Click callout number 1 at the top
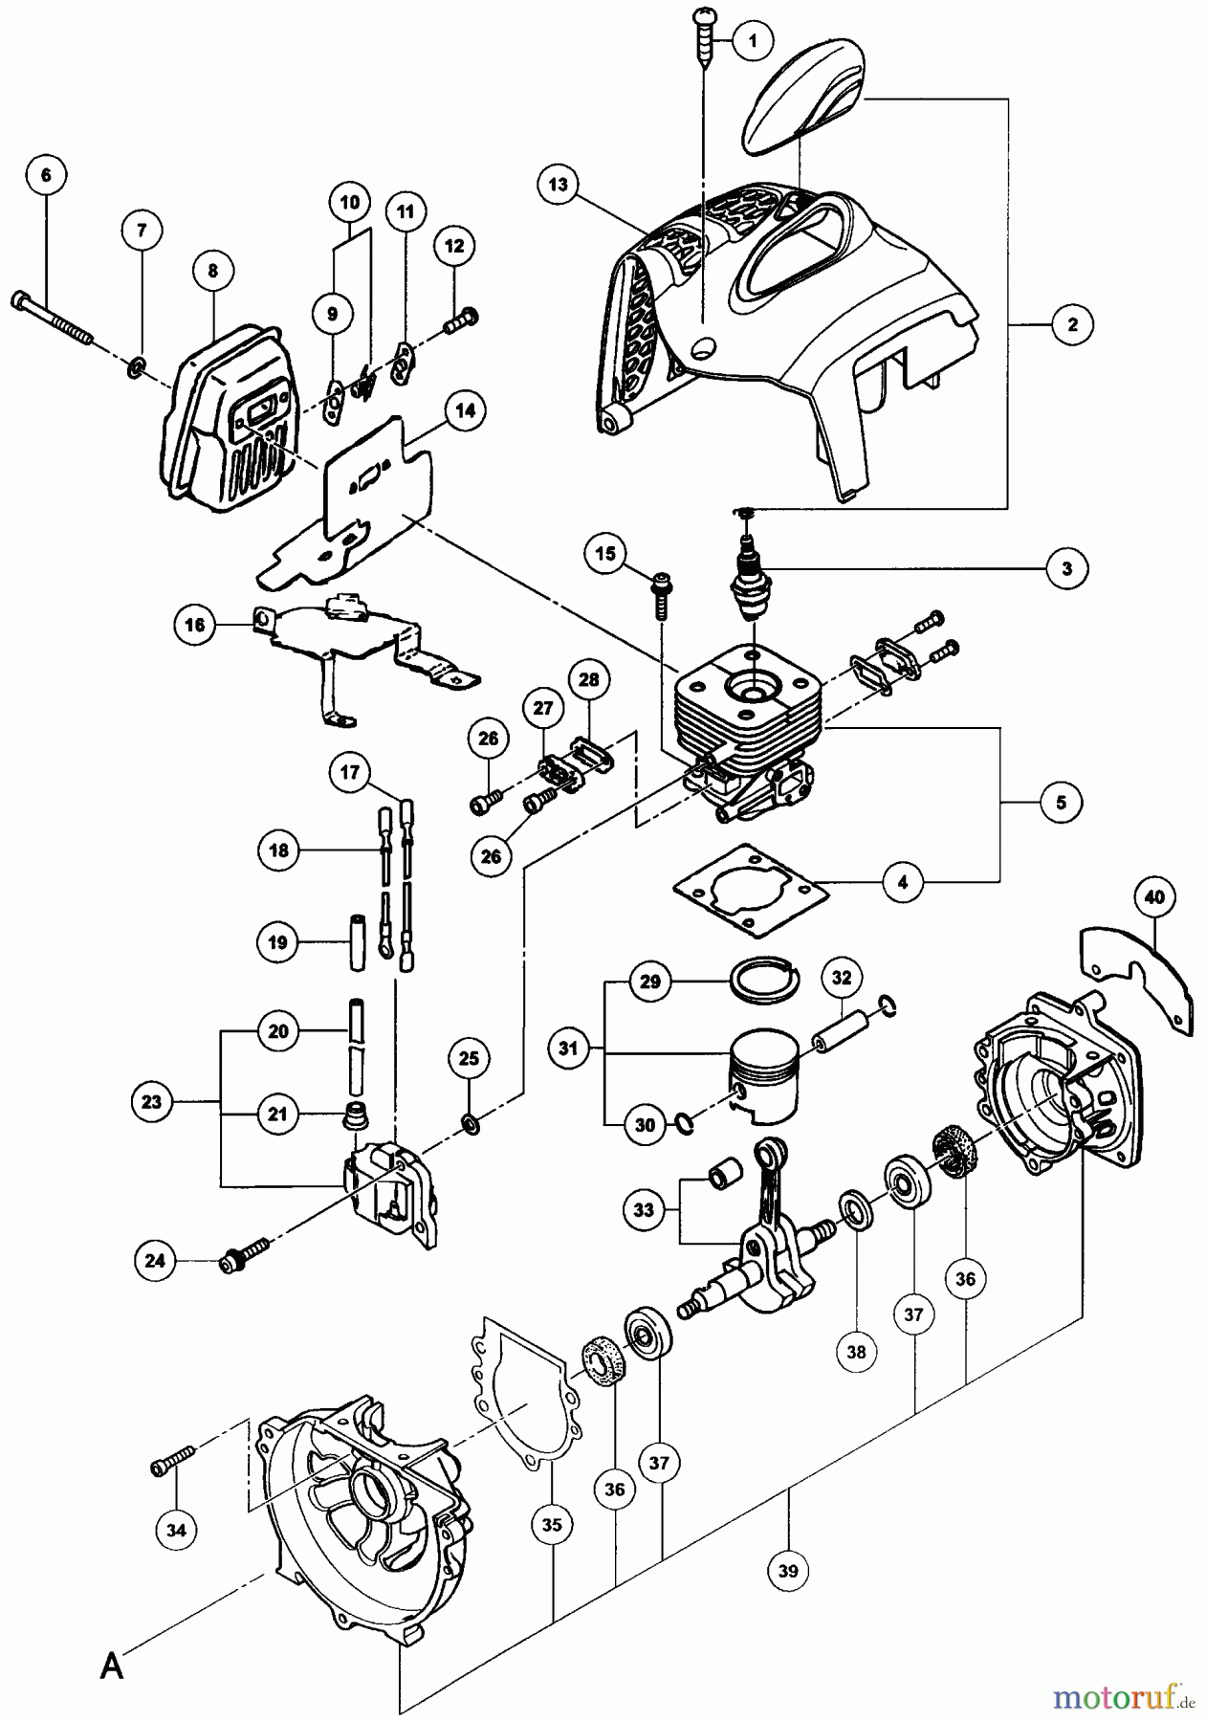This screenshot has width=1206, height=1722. pyautogui.click(x=754, y=40)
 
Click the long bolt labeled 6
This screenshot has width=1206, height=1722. pyautogui.click(x=53, y=317)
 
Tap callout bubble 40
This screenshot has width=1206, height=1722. pyautogui.click(x=1154, y=897)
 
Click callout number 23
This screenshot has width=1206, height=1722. pyautogui.click(x=152, y=1102)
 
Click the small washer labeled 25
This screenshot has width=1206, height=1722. pyautogui.click(x=471, y=1120)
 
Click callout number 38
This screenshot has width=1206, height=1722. pyautogui.click(x=855, y=1351)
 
